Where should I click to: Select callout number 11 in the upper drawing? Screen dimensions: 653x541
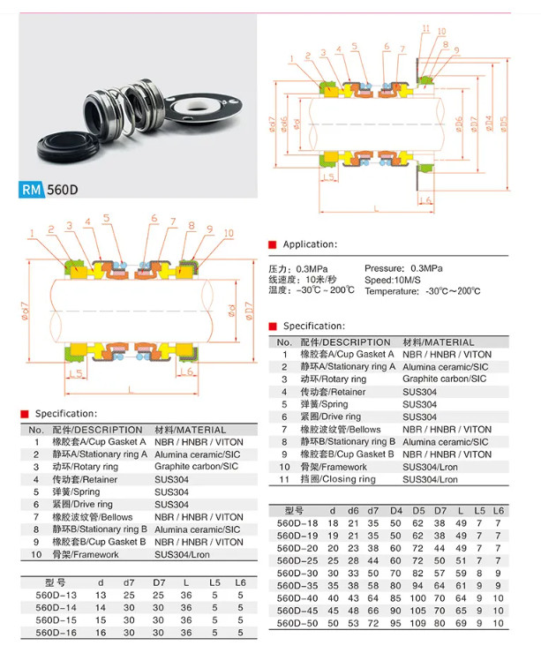point(425,29)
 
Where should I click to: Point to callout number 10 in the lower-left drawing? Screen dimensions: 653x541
point(229,233)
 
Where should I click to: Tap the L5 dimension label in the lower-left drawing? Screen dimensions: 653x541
point(76,374)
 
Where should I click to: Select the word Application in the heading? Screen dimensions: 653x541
point(310,244)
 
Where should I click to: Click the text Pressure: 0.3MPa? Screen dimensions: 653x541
point(403,267)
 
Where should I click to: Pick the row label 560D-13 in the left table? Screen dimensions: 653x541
point(55,595)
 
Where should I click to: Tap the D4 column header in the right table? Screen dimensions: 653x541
point(396,511)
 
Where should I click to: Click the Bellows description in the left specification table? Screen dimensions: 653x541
point(92,517)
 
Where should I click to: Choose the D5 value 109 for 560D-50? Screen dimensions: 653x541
point(417,623)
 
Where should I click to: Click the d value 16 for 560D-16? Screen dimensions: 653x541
point(100,633)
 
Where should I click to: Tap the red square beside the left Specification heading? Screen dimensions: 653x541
point(26,414)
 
